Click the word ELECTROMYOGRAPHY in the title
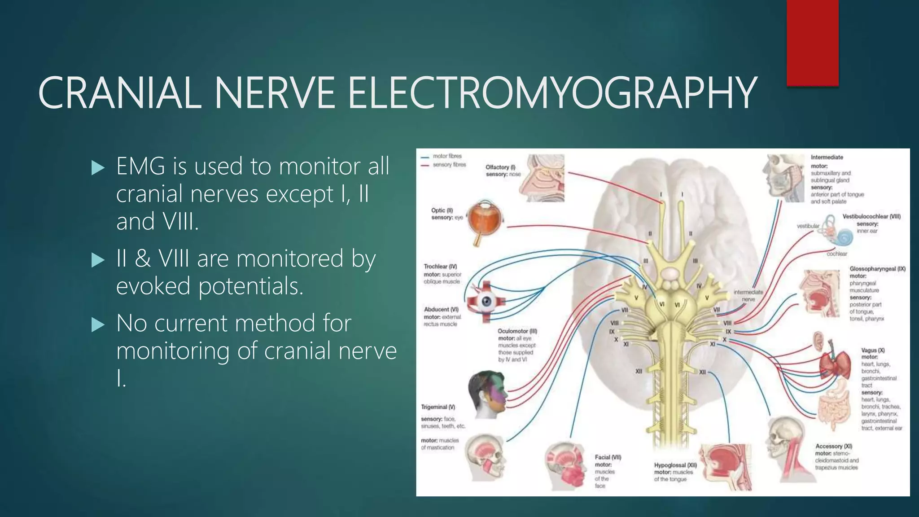(x=552, y=93)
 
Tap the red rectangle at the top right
(x=812, y=43)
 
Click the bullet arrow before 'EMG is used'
(x=97, y=168)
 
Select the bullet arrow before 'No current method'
(x=97, y=325)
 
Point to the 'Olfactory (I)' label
(x=500, y=167)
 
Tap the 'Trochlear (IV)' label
(x=440, y=267)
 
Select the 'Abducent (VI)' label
(x=441, y=310)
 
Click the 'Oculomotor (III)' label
(x=517, y=331)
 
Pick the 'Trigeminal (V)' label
(x=438, y=407)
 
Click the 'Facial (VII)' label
(x=608, y=457)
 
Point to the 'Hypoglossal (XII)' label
(x=675, y=465)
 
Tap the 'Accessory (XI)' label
(x=833, y=446)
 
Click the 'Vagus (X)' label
(x=873, y=350)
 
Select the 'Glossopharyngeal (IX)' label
(x=877, y=269)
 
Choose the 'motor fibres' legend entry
(x=447, y=156)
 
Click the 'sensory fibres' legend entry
(x=449, y=165)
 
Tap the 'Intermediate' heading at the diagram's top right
(x=827, y=157)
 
